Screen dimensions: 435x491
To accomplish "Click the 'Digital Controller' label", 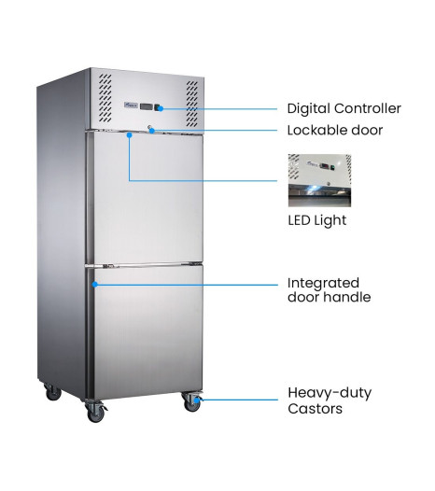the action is pos(344,108).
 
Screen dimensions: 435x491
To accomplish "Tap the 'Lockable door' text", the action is pos(335,131).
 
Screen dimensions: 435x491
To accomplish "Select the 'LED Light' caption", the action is pos(317,220).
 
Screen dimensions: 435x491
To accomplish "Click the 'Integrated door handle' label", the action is pos(329,290).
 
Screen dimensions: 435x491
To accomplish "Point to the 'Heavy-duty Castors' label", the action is pos(330,400).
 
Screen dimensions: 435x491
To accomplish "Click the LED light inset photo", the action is pos(319,180).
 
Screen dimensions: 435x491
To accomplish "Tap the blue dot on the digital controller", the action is pos(161,108).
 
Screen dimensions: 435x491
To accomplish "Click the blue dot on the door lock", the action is pos(152,131).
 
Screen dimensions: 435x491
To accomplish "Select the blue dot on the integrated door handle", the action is pos(95,285).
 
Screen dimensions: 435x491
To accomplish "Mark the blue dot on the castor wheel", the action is pos(197,400).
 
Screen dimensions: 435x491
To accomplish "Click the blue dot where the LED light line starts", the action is pos(129,134).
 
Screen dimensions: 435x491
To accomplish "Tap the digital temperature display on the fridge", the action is pos(147,106).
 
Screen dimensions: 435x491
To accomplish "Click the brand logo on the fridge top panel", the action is pos(131,105).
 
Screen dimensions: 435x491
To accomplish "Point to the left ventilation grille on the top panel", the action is pos(105,98).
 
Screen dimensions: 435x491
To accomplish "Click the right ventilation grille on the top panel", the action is pos(192,104).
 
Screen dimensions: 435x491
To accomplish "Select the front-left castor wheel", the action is pos(95,412).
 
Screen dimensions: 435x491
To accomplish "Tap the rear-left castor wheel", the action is pos(52,392).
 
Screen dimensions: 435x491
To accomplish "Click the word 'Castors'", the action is pos(316,409).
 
